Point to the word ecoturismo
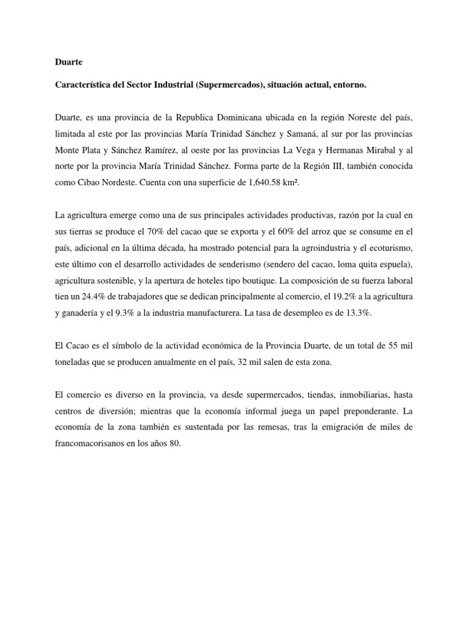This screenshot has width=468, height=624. click(388, 247)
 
